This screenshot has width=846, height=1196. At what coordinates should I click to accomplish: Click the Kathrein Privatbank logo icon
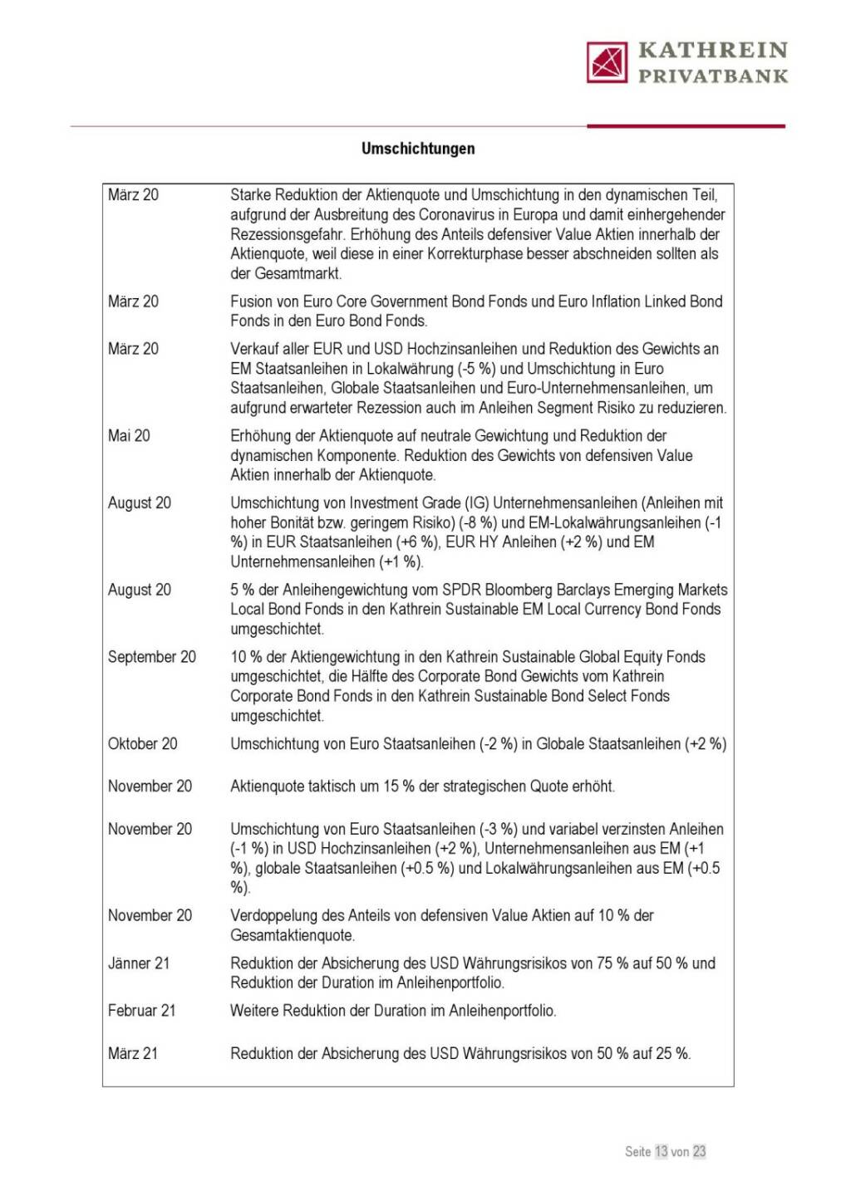click(607, 62)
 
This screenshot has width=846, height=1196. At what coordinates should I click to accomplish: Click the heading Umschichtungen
click(418, 149)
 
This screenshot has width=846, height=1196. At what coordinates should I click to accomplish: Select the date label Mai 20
click(129, 436)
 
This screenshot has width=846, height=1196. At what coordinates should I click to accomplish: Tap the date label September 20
click(152, 657)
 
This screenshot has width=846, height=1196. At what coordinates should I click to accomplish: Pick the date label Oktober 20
click(143, 744)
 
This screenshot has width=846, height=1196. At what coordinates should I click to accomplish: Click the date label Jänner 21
click(139, 963)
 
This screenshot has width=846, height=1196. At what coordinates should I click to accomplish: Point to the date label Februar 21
click(141, 1011)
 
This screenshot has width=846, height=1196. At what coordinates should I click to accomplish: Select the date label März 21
click(133, 1054)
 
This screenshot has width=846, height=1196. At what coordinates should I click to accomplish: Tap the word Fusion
click(251, 301)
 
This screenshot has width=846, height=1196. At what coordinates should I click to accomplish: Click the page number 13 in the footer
click(662, 1151)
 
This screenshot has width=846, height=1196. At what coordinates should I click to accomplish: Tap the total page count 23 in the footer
click(699, 1151)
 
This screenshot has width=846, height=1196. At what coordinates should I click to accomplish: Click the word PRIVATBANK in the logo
click(713, 76)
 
